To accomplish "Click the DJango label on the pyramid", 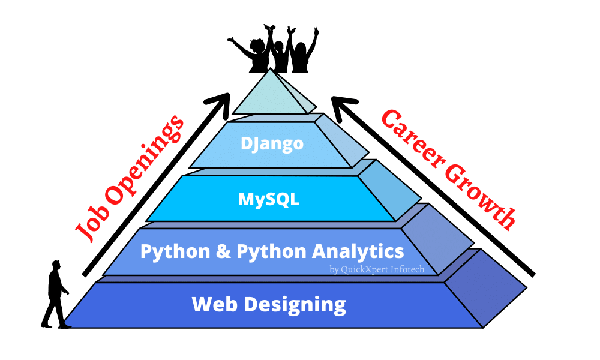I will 271,144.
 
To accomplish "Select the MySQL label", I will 269,198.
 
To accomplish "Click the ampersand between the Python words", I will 223,251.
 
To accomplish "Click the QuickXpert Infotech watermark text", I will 377,269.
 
